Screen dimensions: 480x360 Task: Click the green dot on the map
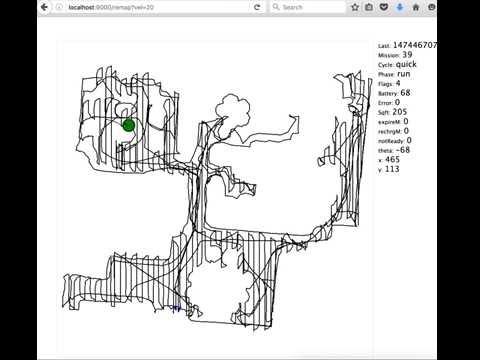pos(128,125)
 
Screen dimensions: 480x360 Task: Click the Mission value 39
pos(407,55)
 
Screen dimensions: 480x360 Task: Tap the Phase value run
pos(405,74)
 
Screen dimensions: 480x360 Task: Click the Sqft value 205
pos(400,112)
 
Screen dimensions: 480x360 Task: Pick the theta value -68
pos(403,150)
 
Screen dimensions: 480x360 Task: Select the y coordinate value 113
pos(392,169)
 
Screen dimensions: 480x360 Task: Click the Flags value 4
pos(398,84)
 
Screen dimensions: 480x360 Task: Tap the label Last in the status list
pos(384,46)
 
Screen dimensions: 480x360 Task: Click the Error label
pos(385,102)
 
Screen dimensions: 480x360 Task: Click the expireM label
pos(390,122)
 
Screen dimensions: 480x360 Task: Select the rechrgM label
pos(391,131)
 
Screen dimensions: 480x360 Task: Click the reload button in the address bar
pos(258,7)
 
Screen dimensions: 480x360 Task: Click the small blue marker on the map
pos(176,307)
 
